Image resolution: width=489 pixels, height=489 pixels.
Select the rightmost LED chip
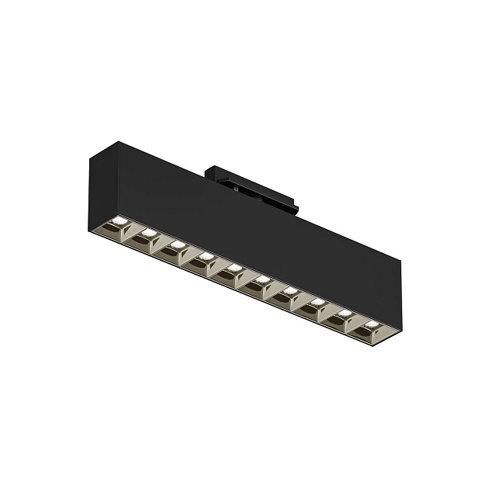pyautogui.click(x=373, y=321)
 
